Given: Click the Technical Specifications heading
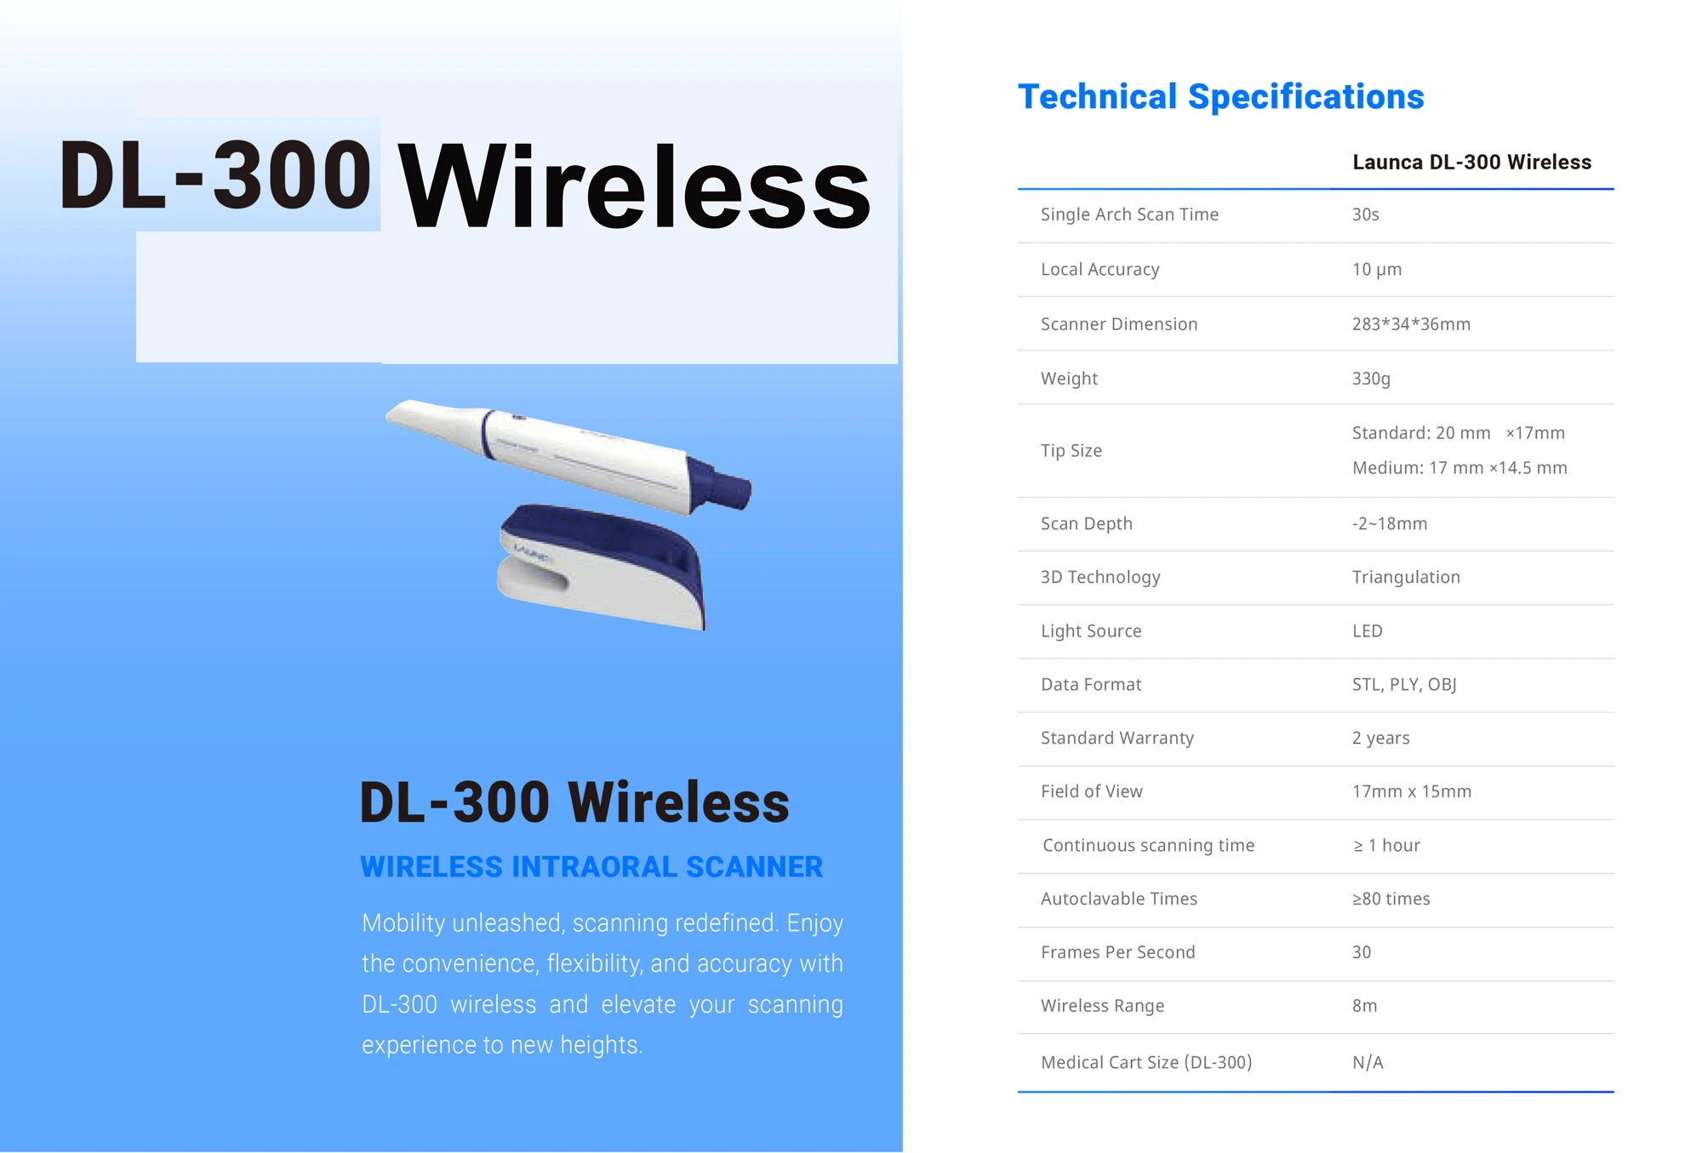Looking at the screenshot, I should click(x=1220, y=97).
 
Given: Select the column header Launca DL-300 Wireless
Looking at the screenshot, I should click(x=1471, y=163).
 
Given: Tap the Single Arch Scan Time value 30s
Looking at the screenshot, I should click(x=1365, y=214).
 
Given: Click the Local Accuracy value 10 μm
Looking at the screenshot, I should click(x=1376, y=270).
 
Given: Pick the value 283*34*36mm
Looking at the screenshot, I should click(x=1411, y=324).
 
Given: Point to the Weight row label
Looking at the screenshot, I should click(x=1069, y=379).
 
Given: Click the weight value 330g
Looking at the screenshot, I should click(x=1371, y=379).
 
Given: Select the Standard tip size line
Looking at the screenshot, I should click(x=1458, y=433).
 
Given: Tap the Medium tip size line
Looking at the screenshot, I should click(x=1459, y=468).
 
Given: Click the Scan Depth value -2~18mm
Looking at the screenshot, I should click(x=1389, y=523).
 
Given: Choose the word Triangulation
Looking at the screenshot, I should click(x=1406, y=577).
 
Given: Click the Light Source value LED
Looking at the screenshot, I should click(x=1367, y=631).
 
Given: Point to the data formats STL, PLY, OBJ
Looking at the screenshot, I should click(x=1404, y=684).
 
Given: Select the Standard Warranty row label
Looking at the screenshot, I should click(x=1117, y=738).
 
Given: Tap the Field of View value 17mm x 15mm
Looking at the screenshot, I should click(x=1411, y=791).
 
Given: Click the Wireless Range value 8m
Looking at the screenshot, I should click(x=1364, y=1006).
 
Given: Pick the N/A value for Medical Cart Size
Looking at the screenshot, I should click(x=1368, y=1062).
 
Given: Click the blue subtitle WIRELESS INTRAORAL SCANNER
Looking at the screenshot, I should click(x=591, y=866).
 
